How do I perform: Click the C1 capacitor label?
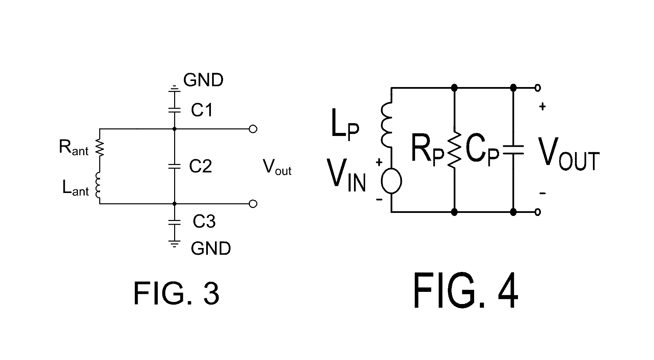[202, 110]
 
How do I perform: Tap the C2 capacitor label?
[200, 166]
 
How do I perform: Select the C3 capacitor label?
[204, 222]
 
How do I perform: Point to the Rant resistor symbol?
[100, 148]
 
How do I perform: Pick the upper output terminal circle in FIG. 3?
[253, 129]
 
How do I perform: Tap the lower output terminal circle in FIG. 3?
[253, 204]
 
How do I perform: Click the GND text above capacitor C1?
[203, 80]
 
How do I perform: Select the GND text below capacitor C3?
[211, 249]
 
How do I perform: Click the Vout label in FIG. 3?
[277, 166]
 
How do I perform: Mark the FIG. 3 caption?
[176, 294]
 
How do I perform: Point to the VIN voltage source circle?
[391, 181]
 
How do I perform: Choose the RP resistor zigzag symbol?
[454, 150]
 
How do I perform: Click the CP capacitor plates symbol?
[513, 150]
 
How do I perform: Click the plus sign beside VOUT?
[542, 107]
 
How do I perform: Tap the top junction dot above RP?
[454, 88]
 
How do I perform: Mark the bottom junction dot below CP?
[513, 212]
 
